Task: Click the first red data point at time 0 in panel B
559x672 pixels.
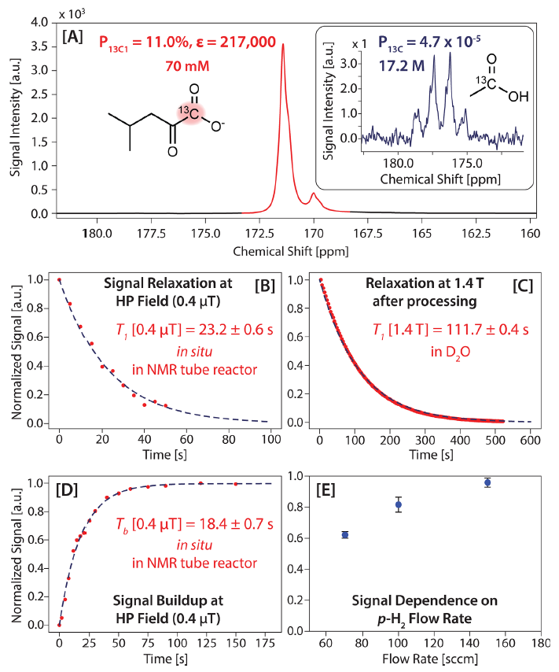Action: (x=59, y=279)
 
